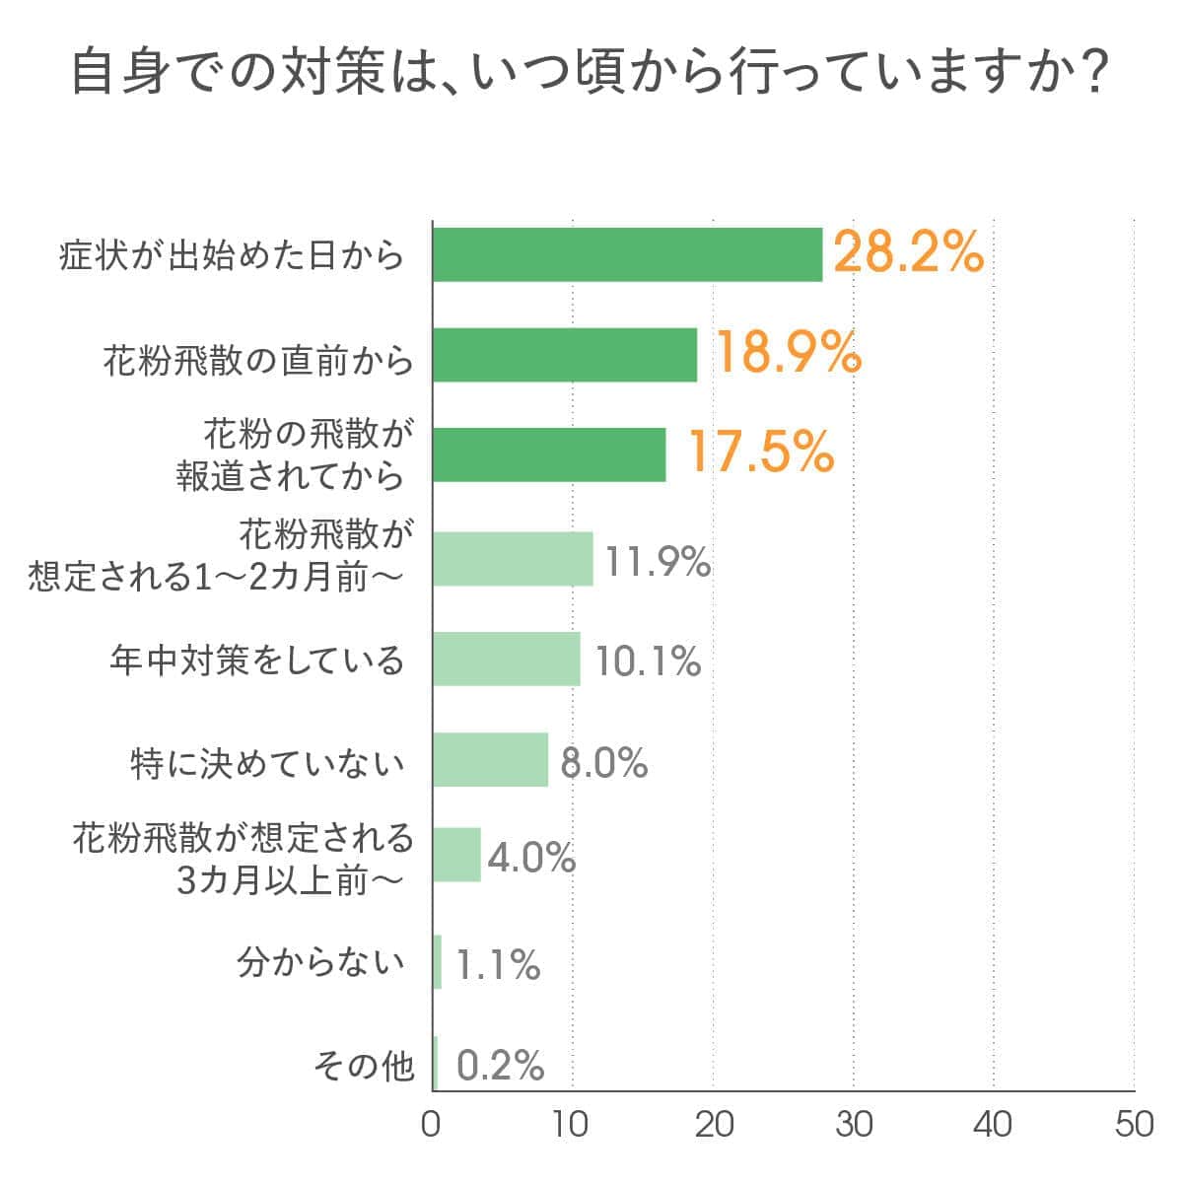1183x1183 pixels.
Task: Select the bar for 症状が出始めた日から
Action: click(x=627, y=254)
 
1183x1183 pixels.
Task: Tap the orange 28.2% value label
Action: click(x=908, y=253)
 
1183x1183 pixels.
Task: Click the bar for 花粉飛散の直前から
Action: click(x=565, y=355)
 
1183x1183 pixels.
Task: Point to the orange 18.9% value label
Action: click(x=787, y=353)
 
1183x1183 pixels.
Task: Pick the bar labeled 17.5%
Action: click(x=549, y=454)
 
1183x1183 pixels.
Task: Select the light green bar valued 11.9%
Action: click(x=513, y=559)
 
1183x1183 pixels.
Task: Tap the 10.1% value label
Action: click(x=648, y=661)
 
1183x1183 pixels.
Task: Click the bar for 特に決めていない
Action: click(x=490, y=759)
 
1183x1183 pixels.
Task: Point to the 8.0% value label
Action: click(x=603, y=763)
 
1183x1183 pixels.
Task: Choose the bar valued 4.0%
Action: click(x=456, y=854)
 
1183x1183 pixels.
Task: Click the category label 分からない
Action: click(x=321, y=962)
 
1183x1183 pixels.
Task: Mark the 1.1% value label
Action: click(x=498, y=965)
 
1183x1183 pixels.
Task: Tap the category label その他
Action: click(x=363, y=1066)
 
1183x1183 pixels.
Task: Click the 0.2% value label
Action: click(x=501, y=1066)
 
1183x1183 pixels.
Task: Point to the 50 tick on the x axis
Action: click(x=1134, y=1125)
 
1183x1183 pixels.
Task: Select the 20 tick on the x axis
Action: click(x=713, y=1125)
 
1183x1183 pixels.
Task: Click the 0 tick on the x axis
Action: click(x=432, y=1125)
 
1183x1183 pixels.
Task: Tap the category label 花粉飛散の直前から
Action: click(x=258, y=361)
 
